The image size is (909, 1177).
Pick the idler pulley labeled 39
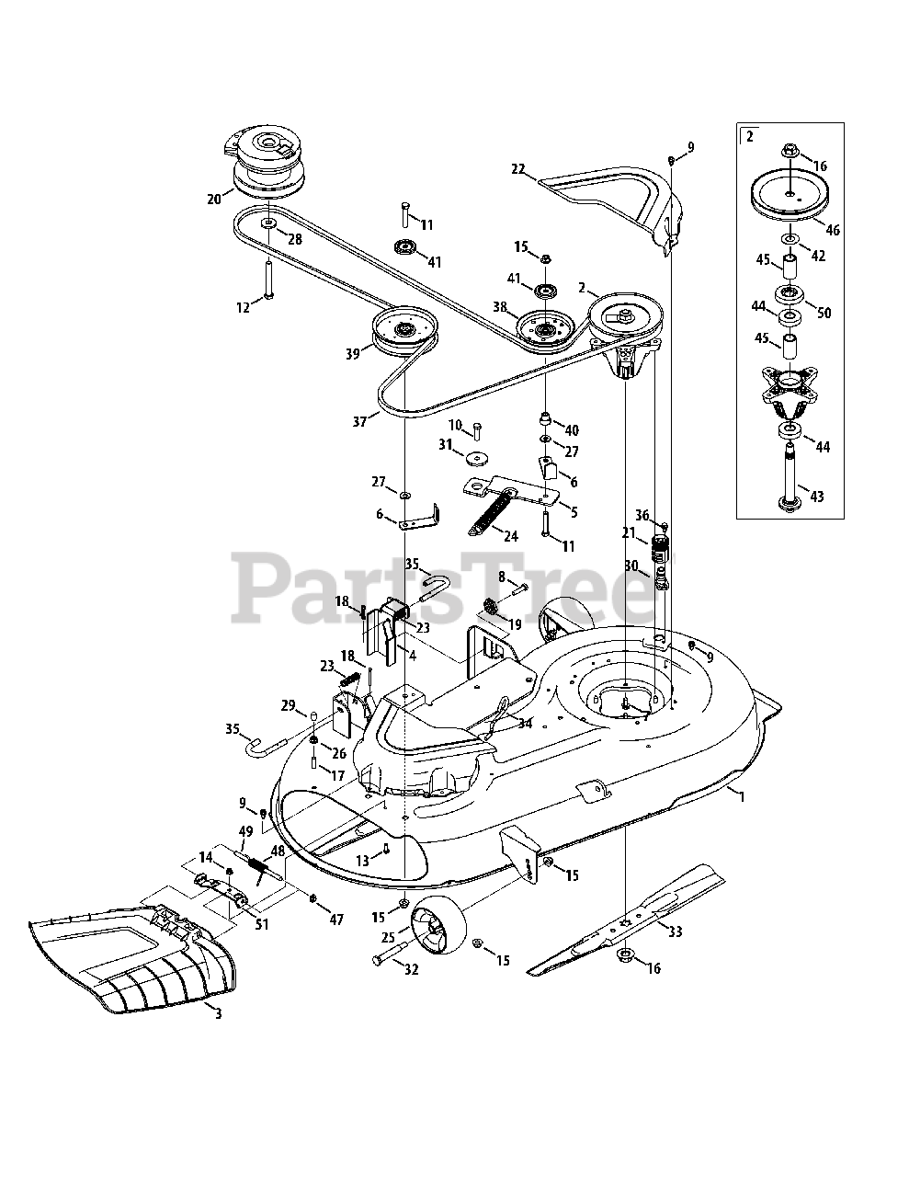(404, 333)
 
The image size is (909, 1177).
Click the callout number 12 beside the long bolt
(244, 308)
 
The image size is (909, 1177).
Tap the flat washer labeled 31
(474, 458)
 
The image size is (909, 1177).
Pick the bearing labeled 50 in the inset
(790, 297)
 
